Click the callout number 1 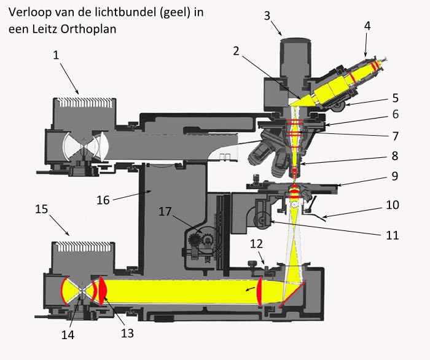tap(55, 55)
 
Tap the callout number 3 tap(267, 15)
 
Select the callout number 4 tap(367, 26)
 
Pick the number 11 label tap(391, 235)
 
